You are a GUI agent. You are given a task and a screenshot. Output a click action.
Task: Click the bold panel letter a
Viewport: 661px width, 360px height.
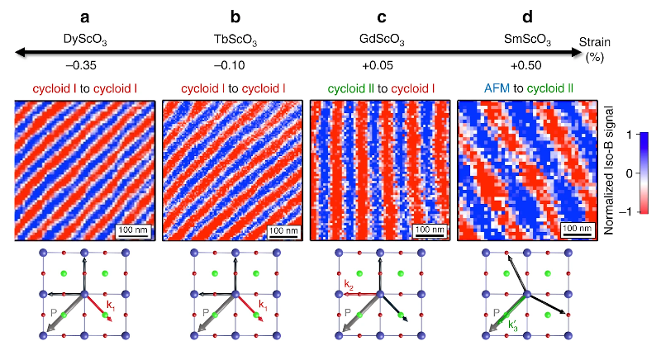[85, 17]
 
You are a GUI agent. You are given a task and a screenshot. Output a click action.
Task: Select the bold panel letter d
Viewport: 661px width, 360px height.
[527, 17]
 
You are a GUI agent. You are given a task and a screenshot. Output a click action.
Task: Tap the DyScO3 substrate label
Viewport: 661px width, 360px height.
[85, 39]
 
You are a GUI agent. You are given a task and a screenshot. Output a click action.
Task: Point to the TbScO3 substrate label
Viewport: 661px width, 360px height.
[235, 39]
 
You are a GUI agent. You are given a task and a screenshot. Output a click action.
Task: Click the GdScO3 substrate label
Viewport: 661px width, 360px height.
[382, 39]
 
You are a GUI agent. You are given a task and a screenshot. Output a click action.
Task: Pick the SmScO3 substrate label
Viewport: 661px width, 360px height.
[527, 39]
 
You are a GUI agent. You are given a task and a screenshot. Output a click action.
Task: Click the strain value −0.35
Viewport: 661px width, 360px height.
[81, 65]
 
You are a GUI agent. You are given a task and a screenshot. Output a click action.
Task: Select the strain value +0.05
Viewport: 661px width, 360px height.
[378, 65]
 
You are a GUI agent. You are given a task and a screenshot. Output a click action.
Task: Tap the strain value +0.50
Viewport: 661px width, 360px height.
[526, 65]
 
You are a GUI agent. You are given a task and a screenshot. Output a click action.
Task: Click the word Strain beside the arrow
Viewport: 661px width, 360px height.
[594, 42]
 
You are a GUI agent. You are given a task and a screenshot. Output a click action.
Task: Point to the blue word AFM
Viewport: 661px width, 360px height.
[497, 88]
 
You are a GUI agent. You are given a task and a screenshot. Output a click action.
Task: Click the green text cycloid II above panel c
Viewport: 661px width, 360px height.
[350, 88]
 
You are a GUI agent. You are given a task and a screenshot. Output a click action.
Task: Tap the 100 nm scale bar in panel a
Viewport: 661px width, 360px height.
[133, 231]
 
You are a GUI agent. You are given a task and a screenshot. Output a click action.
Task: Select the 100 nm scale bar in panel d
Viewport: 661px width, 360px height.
[578, 230]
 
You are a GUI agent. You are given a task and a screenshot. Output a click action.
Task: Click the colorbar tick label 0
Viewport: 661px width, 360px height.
[629, 173]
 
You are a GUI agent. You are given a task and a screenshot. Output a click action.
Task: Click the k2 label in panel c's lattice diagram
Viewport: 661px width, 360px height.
[349, 284]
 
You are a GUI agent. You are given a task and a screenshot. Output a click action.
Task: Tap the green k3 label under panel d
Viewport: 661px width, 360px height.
[513, 326]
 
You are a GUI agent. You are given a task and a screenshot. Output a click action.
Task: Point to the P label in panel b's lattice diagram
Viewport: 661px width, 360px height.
[206, 312]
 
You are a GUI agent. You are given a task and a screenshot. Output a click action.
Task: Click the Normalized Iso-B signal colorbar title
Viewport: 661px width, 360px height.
[608, 171]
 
